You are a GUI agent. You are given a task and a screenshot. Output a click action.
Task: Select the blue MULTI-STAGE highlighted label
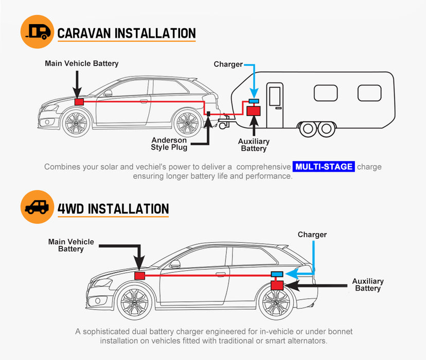coord(324,167)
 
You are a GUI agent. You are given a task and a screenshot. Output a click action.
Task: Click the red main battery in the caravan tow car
coord(79,102)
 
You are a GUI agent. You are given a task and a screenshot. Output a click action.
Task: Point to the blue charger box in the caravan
coord(254,100)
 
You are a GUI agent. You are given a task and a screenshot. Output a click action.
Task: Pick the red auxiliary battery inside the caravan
coord(254,110)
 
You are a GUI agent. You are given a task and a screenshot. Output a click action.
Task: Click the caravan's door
coord(275,106)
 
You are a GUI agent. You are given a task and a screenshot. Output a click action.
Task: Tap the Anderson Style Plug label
coord(169,144)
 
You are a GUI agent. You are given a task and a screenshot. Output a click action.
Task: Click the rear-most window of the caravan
coord(369,93)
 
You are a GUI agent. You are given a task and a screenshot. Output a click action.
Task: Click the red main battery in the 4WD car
coord(139,276)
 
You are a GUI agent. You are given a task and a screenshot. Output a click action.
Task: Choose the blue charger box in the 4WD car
coord(277,274)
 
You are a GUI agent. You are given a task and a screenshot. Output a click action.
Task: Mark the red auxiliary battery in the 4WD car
coord(277,285)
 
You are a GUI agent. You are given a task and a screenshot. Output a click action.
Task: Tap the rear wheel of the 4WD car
coord(277,303)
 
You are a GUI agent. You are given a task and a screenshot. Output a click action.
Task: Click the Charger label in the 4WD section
coord(312,235)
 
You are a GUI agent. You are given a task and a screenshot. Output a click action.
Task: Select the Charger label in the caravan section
coord(228,64)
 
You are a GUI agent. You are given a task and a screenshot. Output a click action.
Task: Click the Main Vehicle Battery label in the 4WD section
coord(71,245)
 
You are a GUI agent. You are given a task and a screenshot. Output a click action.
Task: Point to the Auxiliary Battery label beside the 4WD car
coord(368,284)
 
